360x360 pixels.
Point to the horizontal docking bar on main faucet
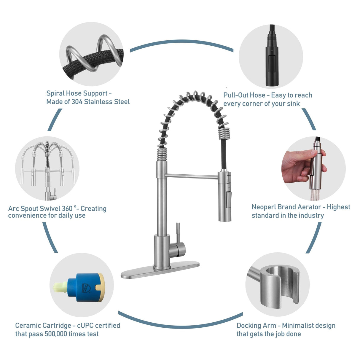(x=191, y=176)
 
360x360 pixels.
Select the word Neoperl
(x=264, y=207)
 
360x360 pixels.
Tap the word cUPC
(x=85, y=325)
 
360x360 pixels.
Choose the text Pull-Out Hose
(x=244, y=95)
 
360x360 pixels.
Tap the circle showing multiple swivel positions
(x=47, y=168)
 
